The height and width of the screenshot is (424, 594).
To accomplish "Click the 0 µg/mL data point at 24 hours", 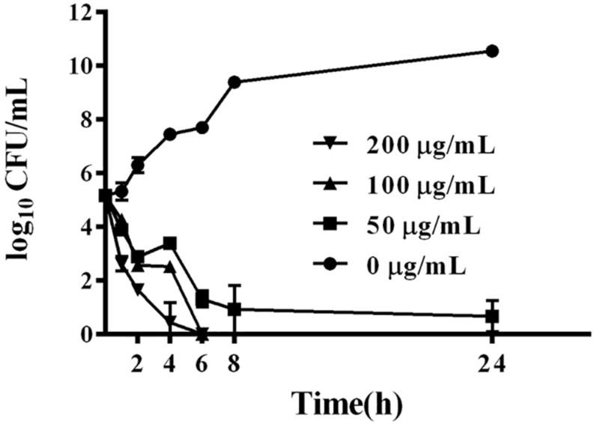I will coord(492,51).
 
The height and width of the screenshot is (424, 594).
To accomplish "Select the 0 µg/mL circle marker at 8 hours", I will coord(234,82).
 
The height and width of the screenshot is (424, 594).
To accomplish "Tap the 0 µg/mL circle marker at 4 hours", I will coord(170,134).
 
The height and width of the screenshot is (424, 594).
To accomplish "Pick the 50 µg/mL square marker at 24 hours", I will coord(492,316).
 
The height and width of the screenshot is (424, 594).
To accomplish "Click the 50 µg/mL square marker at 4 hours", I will coord(170,243).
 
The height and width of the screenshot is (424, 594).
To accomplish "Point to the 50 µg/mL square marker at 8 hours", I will coord(234,309).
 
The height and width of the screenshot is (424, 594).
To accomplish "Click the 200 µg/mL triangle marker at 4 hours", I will coord(170,321).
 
